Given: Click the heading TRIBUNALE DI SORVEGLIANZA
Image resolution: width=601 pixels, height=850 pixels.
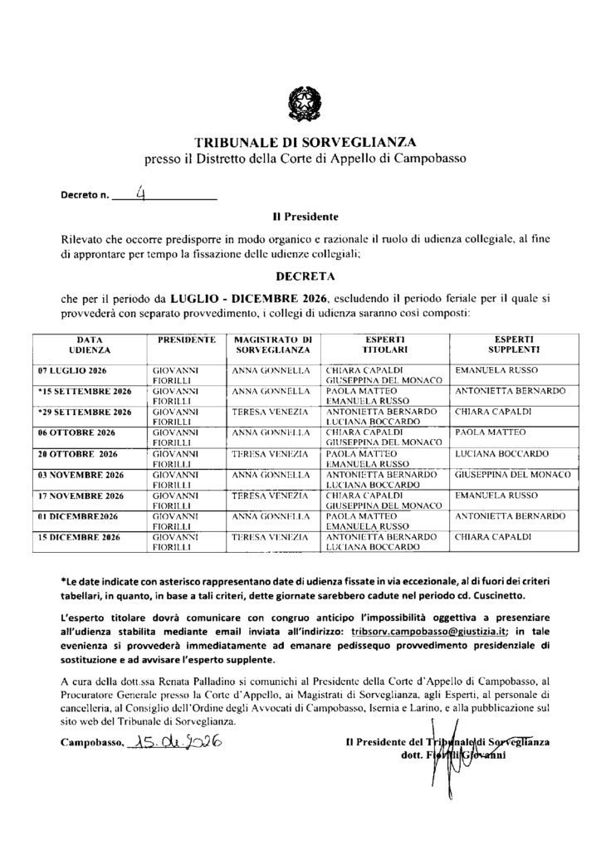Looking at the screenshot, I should (x=300, y=142).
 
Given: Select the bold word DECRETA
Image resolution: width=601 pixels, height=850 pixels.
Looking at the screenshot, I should (x=300, y=270).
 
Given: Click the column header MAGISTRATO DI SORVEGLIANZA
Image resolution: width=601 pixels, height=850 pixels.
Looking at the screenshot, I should (x=271, y=345).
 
